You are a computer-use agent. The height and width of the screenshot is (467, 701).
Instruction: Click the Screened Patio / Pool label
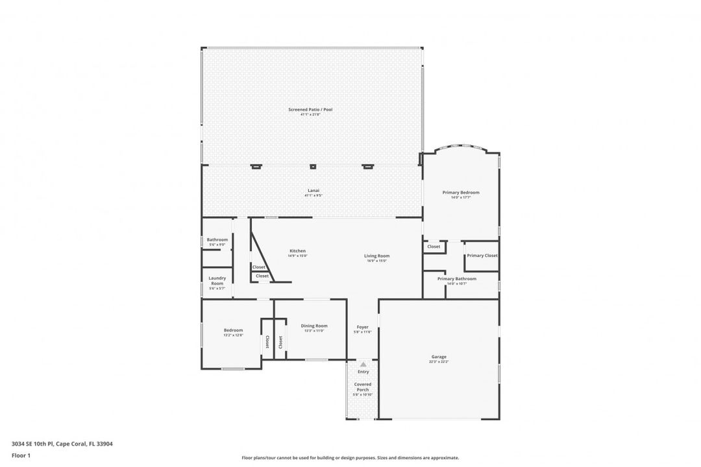click(x=310, y=110)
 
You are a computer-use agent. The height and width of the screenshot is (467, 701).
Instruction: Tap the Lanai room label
click(x=313, y=190)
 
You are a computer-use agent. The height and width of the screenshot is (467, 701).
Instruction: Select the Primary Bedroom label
click(x=461, y=192)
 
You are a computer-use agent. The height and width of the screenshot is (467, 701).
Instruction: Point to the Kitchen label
click(x=297, y=251)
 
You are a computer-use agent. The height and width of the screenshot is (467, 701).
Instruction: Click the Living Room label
click(x=376, y=256)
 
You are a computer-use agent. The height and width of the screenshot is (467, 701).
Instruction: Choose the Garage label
click(x=439, y=357)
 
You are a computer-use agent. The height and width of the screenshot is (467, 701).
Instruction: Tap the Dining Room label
click(x=314, y=326)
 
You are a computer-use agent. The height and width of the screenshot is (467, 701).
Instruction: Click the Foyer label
click(x=362, y=327)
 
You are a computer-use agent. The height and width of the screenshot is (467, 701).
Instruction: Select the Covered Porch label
click(x=363, y=387)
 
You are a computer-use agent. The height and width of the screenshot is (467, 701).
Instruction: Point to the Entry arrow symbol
click(x=363, y=365)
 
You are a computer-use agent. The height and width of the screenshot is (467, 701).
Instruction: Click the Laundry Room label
click(x=217, y=280)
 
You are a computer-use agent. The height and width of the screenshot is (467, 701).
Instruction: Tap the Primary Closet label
click(x=482, y=256)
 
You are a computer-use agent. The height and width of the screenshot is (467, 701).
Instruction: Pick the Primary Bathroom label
click(x=456, y=278)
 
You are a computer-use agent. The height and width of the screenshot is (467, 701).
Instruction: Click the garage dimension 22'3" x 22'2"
click(x=439, y=362)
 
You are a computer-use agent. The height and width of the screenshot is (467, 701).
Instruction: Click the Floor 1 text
click(x=21, y=455)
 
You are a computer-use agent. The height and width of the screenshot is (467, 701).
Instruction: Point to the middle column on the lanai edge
click(x=313, y=167)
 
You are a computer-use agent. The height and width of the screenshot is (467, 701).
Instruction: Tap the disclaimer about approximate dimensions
click(x=350, y=457)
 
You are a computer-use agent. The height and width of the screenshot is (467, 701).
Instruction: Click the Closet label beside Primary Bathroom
click(x=434, y=246)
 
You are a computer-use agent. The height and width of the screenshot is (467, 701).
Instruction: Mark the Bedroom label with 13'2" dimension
click(x=233, y=330)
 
